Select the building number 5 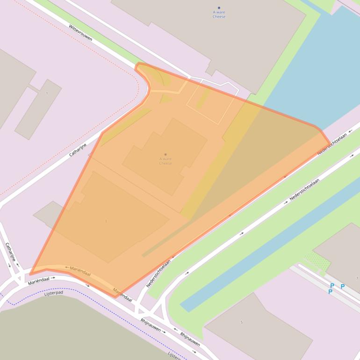pos(241,322)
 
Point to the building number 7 pos(357,279)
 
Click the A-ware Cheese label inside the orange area pos(165,161)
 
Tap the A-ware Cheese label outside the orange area pos(219,14)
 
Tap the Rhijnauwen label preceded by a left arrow pos(190,340)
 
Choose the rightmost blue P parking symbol pos(342,287)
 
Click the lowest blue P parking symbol pos(330,292)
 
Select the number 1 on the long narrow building pos(47,94)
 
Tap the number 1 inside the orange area pos(106,221)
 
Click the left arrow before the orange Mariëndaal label pos(67,267)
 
